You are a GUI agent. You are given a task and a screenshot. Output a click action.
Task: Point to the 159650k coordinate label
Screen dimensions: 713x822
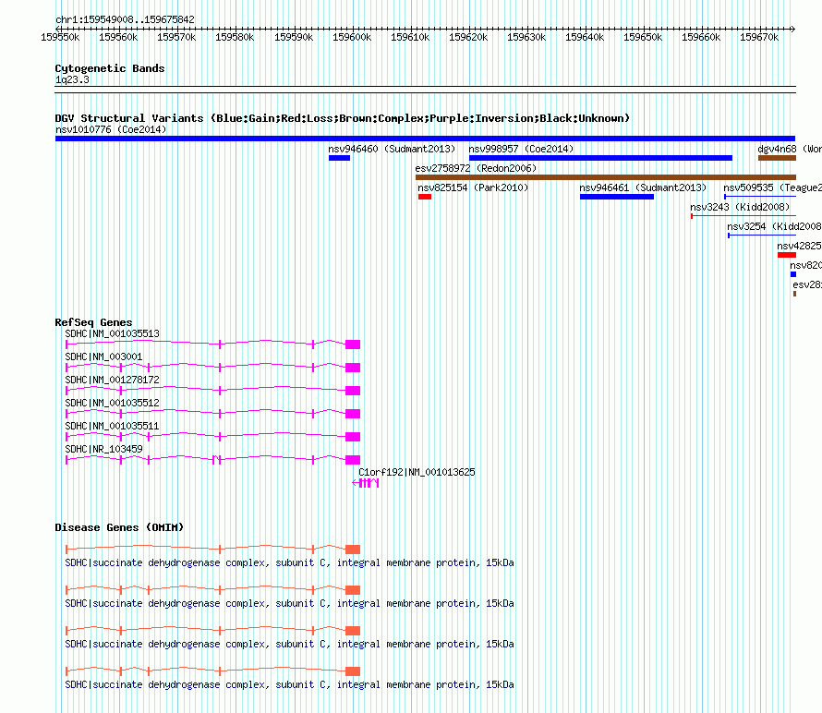tap(643, 37)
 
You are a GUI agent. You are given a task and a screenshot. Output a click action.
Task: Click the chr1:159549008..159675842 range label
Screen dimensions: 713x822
tap(125, 19)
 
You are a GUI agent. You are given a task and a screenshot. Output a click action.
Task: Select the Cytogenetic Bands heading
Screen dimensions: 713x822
tap(109, 68)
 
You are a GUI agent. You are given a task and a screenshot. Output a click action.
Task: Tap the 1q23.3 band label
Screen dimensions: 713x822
tap(72, 80)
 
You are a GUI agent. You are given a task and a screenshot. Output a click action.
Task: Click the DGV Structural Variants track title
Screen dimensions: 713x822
tap(342, 118)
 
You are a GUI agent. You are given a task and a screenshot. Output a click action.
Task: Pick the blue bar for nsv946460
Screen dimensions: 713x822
tap(339, 158)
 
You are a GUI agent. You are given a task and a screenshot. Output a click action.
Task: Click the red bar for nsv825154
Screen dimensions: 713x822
tap(425, 197)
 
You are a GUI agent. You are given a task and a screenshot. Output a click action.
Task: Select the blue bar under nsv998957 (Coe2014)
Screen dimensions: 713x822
tap(600, 158)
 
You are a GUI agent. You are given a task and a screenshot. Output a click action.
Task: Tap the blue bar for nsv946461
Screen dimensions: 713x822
tap(616, 197)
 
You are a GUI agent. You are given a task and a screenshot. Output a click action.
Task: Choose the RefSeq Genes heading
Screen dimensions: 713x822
tap(93, 322)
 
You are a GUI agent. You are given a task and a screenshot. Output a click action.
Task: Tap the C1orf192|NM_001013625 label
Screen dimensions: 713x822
tap(417, 472)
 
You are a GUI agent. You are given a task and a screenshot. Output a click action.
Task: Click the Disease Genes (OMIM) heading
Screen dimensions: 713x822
tap(119, 527)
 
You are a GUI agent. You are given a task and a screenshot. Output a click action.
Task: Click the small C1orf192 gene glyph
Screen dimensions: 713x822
tap(366, 483)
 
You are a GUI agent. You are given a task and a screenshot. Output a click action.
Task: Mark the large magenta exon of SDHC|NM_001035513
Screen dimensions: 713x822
tap(352, 344)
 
